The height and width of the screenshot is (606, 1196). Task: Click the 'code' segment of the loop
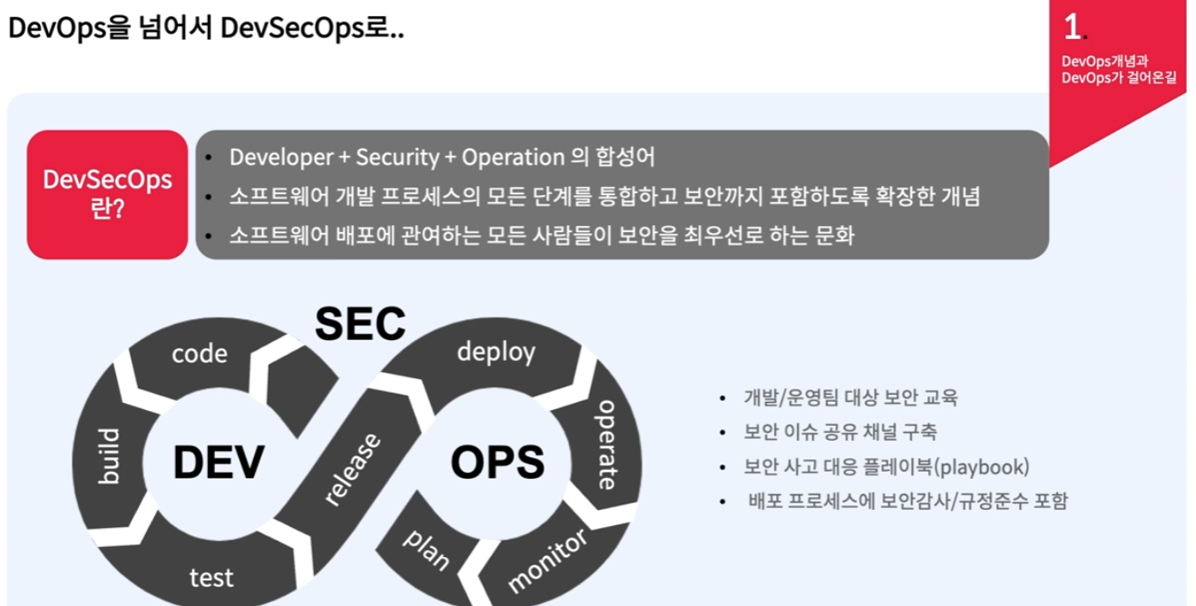click(200, 353)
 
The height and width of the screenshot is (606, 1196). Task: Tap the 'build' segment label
click(109, 455)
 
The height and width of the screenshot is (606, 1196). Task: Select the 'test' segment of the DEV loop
click(211, 577)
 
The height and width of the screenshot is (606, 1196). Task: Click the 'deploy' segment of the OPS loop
click(495, 352)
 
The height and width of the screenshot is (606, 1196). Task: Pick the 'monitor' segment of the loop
click(547, 561)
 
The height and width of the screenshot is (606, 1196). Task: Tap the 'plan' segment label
click(426, 549)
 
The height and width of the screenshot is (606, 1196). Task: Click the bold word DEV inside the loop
click(219, 462)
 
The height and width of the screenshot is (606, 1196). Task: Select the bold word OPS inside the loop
click(497, 462)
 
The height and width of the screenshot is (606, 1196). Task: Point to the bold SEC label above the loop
click(359, 324)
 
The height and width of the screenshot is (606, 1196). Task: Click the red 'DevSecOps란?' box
click(107, 194)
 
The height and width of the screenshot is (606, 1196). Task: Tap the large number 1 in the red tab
click(1072, 27)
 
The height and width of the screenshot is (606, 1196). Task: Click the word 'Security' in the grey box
click(397, 157)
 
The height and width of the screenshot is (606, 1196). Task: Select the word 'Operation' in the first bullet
click(513, 157)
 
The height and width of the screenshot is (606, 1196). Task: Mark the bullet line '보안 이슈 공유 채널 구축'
click(840, 432)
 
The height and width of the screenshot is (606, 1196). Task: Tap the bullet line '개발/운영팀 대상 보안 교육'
click(850, 397)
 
